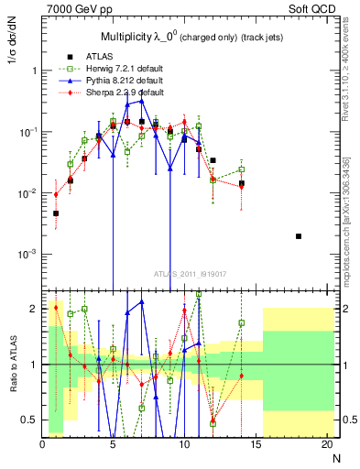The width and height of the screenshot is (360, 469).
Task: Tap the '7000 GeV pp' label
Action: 73,10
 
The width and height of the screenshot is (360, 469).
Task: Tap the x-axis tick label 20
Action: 327,444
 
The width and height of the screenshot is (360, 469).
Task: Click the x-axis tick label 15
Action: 256,444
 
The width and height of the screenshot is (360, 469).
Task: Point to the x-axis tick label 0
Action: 42,444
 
